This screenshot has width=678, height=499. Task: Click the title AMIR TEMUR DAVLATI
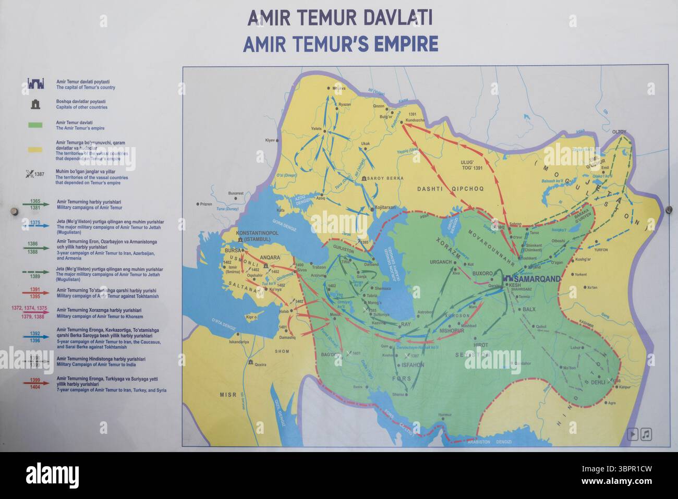340,18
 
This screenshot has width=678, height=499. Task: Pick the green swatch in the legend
35,125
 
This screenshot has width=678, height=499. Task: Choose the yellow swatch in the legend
35,150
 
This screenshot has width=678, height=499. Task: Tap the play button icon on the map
632,434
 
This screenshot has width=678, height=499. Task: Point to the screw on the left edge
15,211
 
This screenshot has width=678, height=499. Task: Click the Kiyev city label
270,140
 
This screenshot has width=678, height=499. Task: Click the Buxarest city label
236,193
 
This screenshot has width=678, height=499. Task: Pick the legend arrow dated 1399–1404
35,383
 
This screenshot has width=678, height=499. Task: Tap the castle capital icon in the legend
35,84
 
